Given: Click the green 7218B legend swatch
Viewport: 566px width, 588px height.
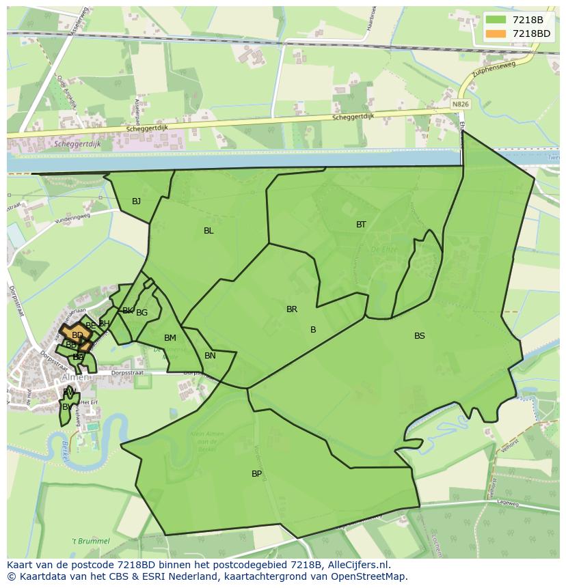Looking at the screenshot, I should tap(496, 20).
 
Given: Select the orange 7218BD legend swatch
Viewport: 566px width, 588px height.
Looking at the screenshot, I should tap(496, 33).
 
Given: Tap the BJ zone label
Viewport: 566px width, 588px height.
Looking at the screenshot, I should tap(137, 201).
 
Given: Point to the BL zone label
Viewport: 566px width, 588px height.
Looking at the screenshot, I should tap(208, 231).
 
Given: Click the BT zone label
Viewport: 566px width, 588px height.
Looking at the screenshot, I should tap(361, 225).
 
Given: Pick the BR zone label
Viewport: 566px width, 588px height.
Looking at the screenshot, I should tap(292, 309).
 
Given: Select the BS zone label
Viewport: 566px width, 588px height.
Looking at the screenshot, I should tap(420, 336).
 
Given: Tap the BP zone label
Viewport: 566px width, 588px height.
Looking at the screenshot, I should tap(256, 474).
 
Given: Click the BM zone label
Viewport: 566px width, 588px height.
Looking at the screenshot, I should tap(170, 338).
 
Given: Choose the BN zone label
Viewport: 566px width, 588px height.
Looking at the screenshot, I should tap(210, 356).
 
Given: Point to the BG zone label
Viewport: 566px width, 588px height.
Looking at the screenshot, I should tap(141, 313).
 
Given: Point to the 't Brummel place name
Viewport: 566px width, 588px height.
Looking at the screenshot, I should tap(91, 541).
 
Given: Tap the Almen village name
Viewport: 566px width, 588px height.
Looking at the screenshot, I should tap(75, 378).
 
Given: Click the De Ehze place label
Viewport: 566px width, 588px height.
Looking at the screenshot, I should tap(380, 251).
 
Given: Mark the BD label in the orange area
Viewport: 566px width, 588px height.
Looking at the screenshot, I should tap(77, 335).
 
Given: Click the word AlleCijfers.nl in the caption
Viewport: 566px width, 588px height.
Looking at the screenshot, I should tap(358, 565).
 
